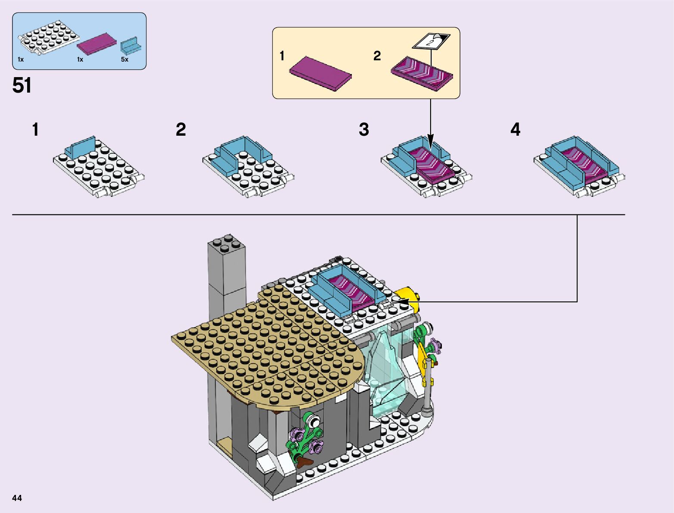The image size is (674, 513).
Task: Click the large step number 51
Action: (22, 85)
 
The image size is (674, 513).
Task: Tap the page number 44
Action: (17, 498)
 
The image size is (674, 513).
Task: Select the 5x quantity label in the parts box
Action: (124, 59)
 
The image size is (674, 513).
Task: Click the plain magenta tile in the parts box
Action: (97, 44)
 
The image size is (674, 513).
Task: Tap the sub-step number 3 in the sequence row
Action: (364, 130)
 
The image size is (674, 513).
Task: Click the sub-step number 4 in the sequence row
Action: (515, 130)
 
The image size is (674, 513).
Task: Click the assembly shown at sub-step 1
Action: (98, 167)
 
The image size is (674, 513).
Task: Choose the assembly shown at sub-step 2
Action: (248, 167)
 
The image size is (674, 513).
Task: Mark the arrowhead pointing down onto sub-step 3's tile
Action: (430, 142)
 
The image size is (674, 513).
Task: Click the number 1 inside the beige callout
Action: (282, 56)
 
